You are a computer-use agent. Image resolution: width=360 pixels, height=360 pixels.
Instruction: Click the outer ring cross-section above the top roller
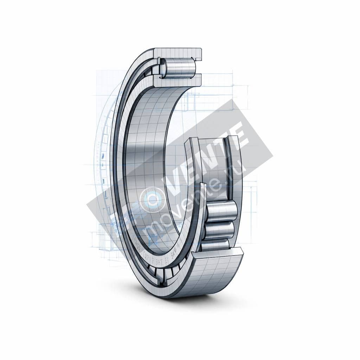[179, 53]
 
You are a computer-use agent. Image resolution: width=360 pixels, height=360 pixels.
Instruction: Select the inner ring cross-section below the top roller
[178, 81]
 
